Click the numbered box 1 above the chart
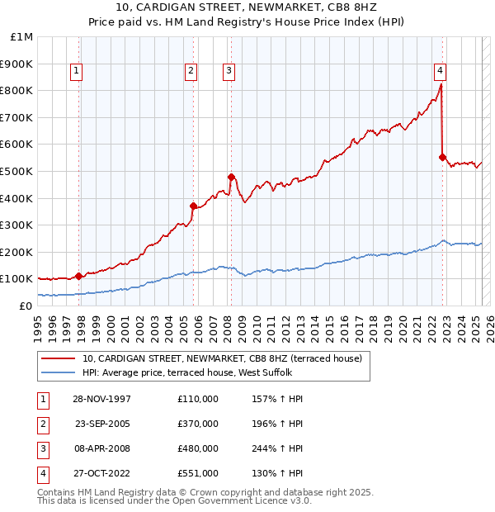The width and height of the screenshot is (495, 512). (x=76, y=72)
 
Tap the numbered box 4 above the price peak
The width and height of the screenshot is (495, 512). (x=441, y=72)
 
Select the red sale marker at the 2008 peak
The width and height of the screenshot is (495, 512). (x=232, y=176)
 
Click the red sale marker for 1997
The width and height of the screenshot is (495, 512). (x=79, y=276)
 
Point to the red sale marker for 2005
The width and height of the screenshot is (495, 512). (x=193, y=206)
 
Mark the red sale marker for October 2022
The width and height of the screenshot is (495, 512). (x=443, y=157)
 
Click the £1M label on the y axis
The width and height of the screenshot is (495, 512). (x=22, y=37)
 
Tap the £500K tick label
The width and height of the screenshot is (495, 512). (x=17, y=171)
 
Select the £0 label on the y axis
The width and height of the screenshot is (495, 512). (x=26, y=306)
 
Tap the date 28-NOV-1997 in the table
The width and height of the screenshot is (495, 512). (x=101, y=399)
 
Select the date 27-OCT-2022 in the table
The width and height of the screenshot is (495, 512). (x=101, y=473)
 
